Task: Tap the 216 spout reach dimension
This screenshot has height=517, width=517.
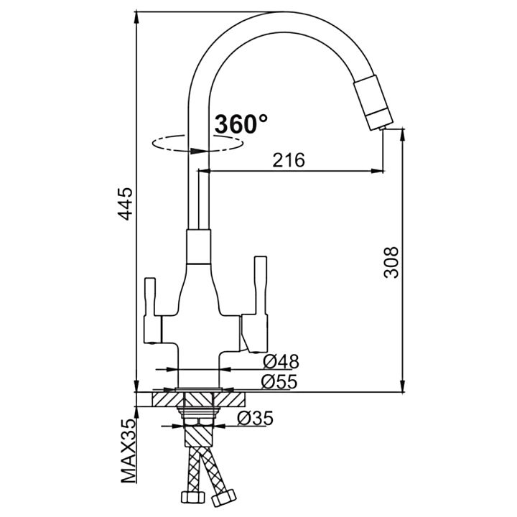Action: click(289, 160)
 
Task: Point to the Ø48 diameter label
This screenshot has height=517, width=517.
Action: click(280, 361)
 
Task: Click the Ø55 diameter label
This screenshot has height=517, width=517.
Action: click(280, 382)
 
